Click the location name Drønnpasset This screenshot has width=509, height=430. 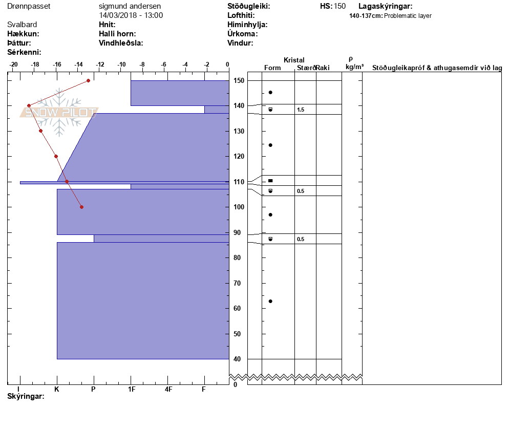pyautogui.click(x=29, y=6)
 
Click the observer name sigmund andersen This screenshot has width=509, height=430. pyautogui.click(x=130, y=6)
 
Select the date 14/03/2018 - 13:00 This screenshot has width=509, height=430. pyautogui.click(x=131, y=15)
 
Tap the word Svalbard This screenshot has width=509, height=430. pyautogui.click(x=22, y=25)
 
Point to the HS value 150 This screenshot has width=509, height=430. pyautogui.click(x=340, y=6)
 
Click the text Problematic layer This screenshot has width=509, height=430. pyautogui.click(x=408, y=16)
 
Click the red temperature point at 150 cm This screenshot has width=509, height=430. pyautogui.click(x=88, y=80)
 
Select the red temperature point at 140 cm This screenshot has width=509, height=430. pyautogui.click(x=29, y=105)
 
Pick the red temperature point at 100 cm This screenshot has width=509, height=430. pyautogui.click(x=82, y=207)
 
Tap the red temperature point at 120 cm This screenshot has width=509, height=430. pyautogui.click(x=56, y=157)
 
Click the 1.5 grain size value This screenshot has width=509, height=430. pyautogui.click(x=301, y=110)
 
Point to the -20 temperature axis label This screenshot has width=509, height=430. pyautogui.click(x=13, y=64)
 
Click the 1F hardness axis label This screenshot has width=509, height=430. pyautogui.click(x=131, y=389)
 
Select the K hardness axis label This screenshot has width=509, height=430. pyautogui.click(x=57, y=389)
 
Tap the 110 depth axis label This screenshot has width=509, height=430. pyautogui.click(x=239, y=182)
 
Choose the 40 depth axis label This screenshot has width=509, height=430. pyautogui.click(x=237, y=359)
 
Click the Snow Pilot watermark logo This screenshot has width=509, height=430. pyautogui.click(x=59, y=112)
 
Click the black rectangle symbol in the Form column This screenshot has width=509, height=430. pyautogui.click(x=270, y=180)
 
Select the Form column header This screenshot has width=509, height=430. pyautogui.click(x=272, y=68)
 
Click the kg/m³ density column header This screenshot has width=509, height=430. pyautogui.click(x=354, y=67)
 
